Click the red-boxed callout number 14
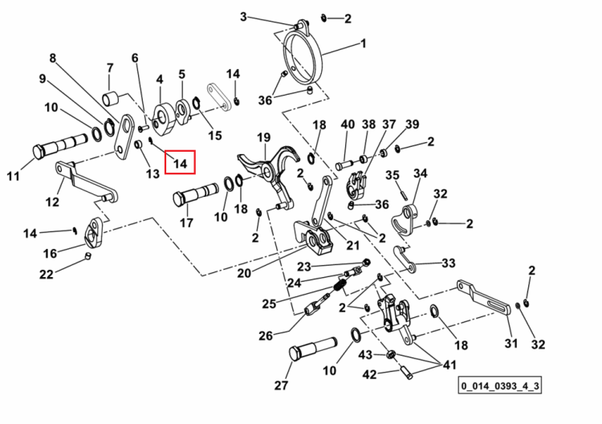click(180, 163)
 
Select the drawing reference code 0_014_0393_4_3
click(500, 385)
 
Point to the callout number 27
click(281, 385)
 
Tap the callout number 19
click(264, 137)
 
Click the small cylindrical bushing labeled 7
click(111, 99)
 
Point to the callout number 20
click(244, 273)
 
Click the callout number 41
click(449, 364)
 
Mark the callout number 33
click(449, 263)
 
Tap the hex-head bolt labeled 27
click(312, 349)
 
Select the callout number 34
click(420, 173)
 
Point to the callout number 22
click(47, 274)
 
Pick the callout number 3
click(243, 17)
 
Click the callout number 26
click(266, 336)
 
